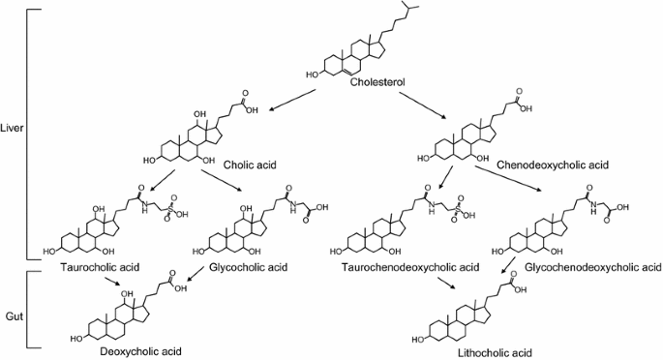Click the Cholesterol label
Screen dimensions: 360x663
pos(378,83)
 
